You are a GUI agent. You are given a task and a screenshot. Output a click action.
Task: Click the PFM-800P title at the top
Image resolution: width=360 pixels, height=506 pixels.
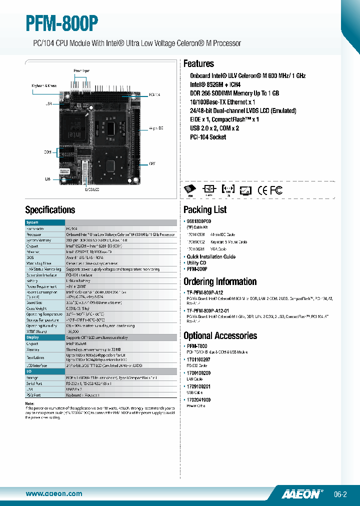62,24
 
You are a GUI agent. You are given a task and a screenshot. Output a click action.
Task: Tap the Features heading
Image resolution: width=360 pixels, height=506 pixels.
198,63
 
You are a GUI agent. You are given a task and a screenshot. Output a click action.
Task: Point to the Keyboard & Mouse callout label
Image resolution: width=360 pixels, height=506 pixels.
44,85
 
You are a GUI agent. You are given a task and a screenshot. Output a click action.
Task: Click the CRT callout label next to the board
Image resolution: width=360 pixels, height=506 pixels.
152,163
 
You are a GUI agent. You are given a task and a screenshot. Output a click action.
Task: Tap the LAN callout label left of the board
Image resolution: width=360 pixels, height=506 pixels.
48,178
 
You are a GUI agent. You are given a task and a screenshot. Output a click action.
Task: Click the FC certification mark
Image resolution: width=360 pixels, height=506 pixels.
276,190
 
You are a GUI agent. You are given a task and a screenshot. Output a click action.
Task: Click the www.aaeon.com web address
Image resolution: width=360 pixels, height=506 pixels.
53,493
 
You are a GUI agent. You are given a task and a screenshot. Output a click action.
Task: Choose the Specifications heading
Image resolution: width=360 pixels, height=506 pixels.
50,210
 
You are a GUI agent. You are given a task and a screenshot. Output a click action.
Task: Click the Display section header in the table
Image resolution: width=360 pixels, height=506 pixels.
32,337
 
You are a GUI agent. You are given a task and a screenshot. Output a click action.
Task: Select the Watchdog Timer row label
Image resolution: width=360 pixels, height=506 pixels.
39,263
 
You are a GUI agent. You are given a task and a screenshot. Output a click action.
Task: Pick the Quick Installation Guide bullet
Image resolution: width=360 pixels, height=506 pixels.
211,256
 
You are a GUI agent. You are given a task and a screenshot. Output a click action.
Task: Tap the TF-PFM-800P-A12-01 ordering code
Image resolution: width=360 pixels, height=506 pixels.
207,310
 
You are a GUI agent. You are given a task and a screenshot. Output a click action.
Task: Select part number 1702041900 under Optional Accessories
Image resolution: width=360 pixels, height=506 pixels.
198,400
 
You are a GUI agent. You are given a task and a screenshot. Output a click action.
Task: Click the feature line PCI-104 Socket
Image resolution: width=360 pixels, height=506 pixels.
208,137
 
